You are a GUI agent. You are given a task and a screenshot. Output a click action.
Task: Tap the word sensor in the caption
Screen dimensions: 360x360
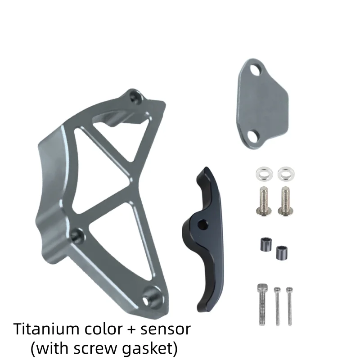pos(166,329)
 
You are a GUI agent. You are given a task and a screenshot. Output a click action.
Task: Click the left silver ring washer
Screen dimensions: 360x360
pos(264,174)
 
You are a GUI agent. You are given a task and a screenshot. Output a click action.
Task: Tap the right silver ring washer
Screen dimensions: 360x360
pos(286,174)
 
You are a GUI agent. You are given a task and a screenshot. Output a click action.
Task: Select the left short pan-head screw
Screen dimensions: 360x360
pos(264,201)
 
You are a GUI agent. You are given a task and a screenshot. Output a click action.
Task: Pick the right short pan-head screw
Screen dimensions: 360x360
pos(286,201)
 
